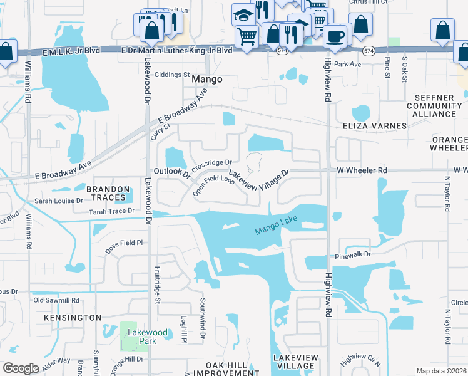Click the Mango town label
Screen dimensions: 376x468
(x=207, y=80)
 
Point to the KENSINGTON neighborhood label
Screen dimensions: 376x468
(x=73, y=318)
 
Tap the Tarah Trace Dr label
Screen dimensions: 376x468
(x=111, y=211)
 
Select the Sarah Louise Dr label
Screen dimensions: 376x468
(x=59, y=201)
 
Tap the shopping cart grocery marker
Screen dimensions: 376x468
(x=247, y=37)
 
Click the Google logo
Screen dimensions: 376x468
(x=21, y=368)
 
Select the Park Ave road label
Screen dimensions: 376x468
(x=348, y=64)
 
